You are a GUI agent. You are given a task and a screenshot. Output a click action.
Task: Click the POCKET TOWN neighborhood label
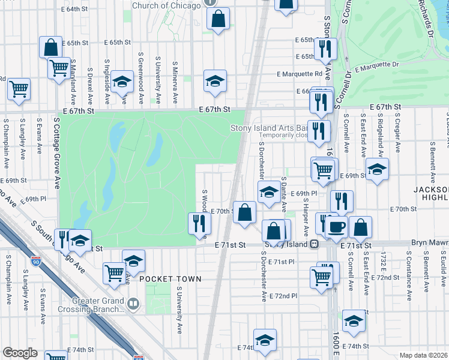point(170,280)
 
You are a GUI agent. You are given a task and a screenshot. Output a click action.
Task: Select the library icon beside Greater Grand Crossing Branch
point(134,306)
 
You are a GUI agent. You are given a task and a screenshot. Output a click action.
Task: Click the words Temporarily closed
point(277,136)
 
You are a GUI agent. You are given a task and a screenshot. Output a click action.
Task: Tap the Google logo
point(20,353)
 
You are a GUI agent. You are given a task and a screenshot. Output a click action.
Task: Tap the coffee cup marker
point(336,226)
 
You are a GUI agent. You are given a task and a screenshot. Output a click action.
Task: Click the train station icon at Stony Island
point(314,244)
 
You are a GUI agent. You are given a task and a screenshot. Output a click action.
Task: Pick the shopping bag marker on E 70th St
point(245,212)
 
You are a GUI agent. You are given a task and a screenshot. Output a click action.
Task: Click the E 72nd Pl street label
point(283,296)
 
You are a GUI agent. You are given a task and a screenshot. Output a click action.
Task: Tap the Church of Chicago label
point(166,6)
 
